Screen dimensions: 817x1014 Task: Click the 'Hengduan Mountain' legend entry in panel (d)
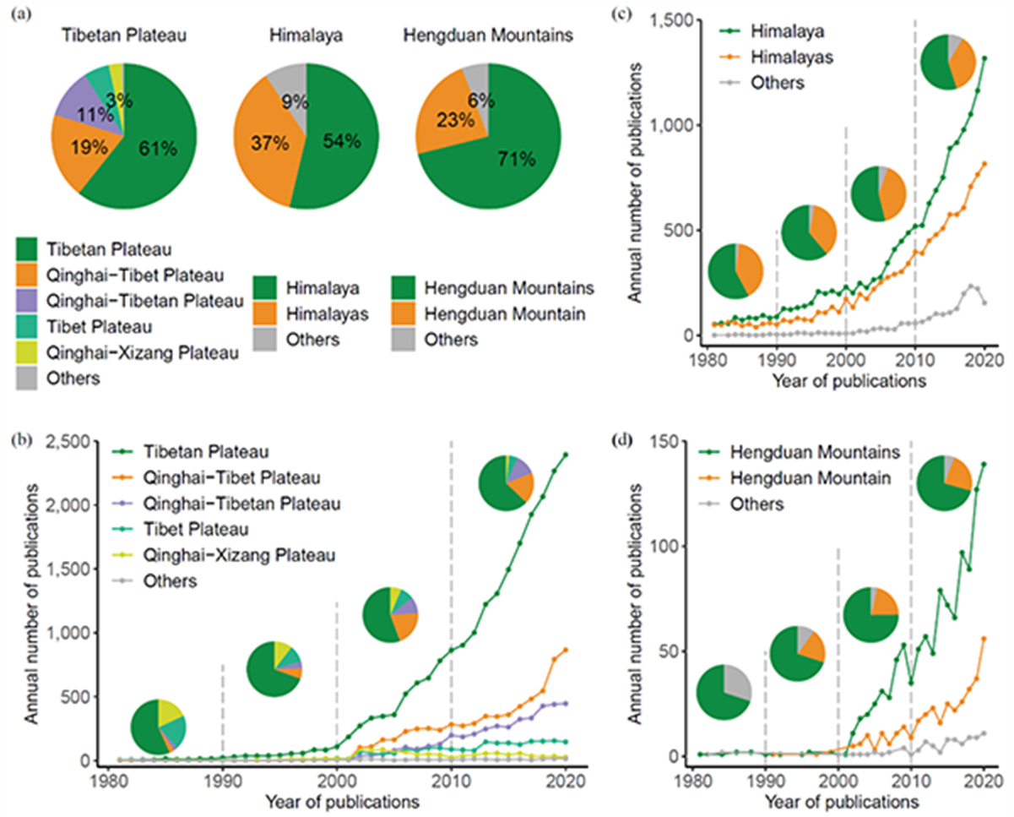click(x=806, y=478)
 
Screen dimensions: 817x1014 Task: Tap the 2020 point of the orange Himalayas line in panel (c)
click(x=984, y=163)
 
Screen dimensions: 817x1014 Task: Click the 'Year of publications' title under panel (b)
click(x=342, y=798)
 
